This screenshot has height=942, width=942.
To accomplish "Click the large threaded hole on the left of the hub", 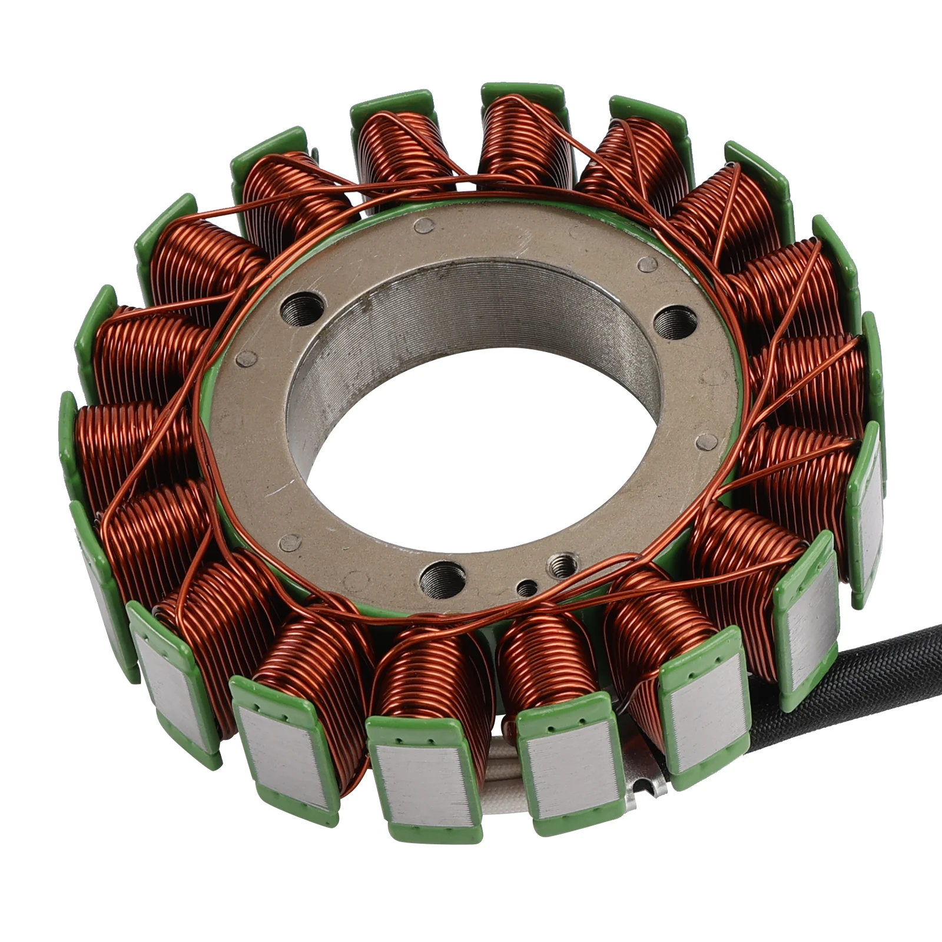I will coord(303,307).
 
